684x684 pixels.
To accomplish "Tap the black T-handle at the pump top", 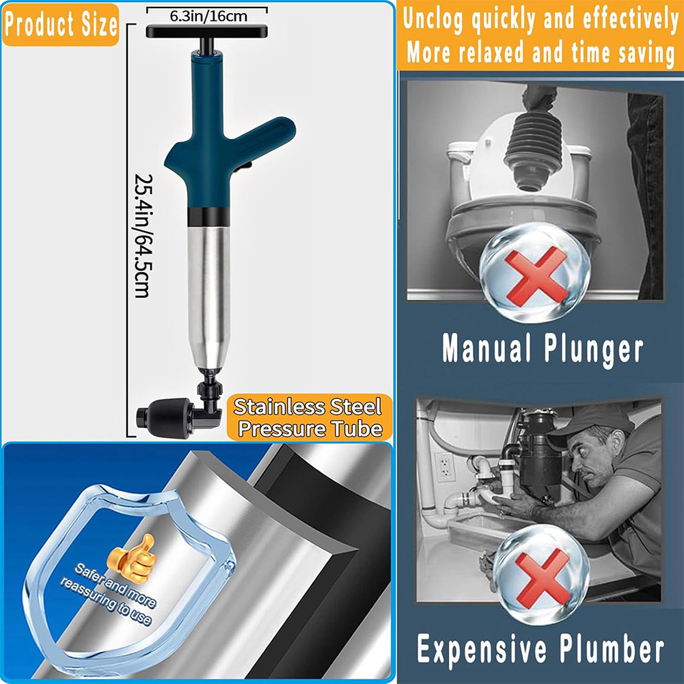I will click(x=206, y=31).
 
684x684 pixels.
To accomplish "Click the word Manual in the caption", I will click(x=485, y=348).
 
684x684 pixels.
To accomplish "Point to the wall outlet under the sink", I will click(x=445, y=467).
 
